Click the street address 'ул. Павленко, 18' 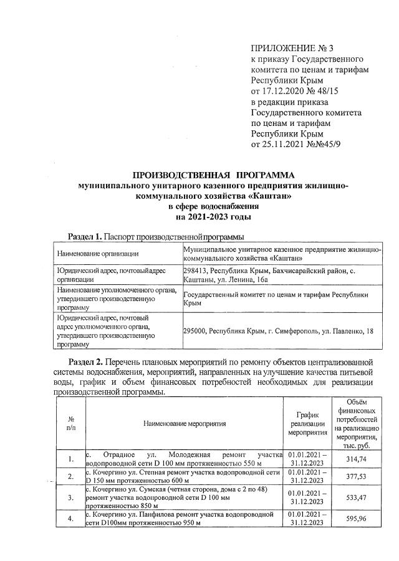pyautogui.click(x=345, y=330)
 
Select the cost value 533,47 pyautogui.click(x=358, y=499)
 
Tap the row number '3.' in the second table pyautogui.click(x=70, y=499)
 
